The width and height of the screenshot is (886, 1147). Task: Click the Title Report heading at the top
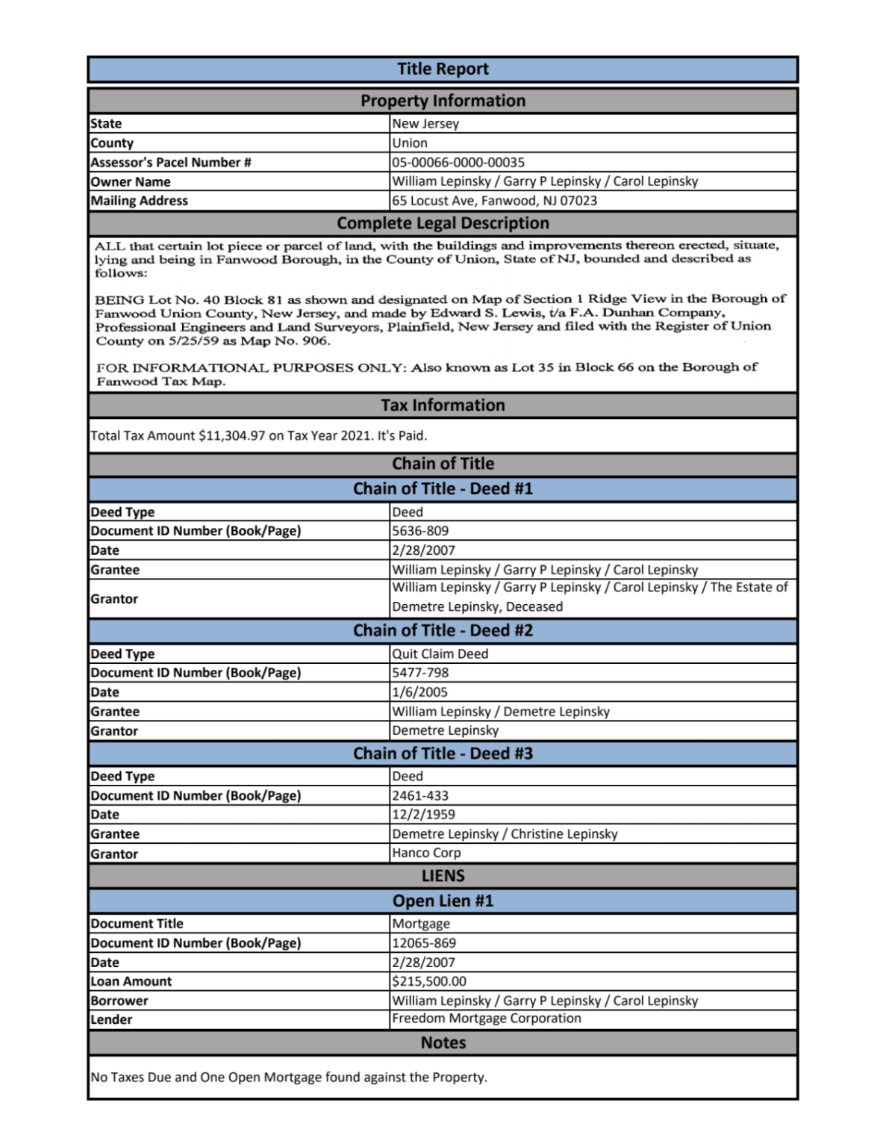443,69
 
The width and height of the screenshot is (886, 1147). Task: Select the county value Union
410,143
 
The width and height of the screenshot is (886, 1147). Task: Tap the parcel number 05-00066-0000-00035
458,162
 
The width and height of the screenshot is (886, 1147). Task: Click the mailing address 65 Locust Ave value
494,200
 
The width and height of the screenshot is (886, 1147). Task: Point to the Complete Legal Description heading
443,223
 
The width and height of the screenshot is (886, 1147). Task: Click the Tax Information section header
443,405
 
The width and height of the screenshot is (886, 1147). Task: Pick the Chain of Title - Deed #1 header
443,489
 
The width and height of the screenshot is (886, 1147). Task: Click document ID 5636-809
420,531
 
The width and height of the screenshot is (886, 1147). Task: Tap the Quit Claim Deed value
440,653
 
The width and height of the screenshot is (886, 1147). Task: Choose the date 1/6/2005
419,692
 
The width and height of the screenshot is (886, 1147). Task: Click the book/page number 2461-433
420,795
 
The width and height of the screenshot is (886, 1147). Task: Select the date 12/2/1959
423,815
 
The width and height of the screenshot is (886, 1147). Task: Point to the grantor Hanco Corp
426,853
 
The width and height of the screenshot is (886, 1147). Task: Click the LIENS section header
443,876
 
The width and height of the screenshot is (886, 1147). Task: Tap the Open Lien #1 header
443,901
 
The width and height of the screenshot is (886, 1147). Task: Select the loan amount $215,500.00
429,981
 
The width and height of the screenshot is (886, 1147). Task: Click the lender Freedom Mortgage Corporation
486,1019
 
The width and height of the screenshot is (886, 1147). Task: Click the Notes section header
443,1043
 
